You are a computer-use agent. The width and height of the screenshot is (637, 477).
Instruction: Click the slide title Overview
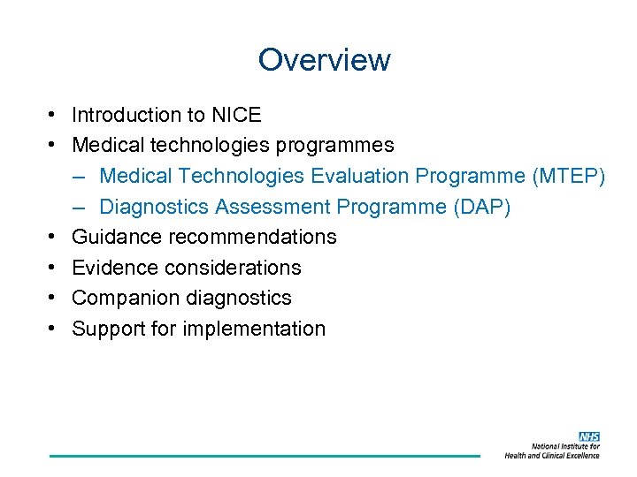324,60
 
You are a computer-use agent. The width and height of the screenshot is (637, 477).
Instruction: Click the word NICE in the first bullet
236,115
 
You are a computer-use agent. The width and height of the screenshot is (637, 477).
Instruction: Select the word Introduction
124,115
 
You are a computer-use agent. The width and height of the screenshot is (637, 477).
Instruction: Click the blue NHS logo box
588,437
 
